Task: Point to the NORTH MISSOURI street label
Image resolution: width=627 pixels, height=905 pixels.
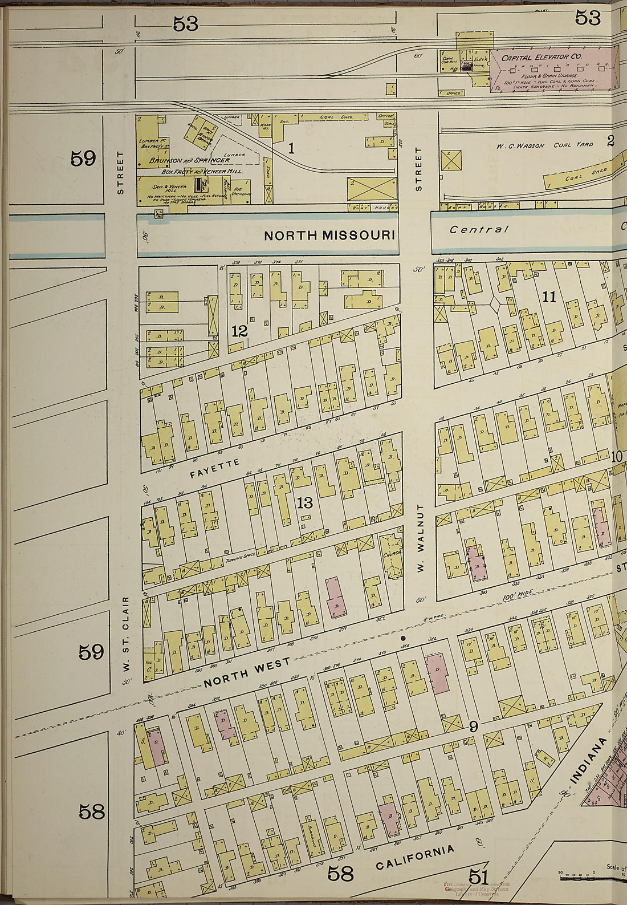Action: pos(329,236)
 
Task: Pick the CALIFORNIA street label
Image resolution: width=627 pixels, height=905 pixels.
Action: pos(415,857)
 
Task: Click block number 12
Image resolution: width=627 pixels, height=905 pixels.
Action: pos(239,330)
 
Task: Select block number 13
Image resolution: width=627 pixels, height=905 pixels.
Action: pos(305,502)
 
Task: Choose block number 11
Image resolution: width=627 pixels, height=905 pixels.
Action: pos(549,297)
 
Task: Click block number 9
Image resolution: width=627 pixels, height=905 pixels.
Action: pos(473,727)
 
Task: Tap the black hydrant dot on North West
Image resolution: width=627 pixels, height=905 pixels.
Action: pos(404,638)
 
